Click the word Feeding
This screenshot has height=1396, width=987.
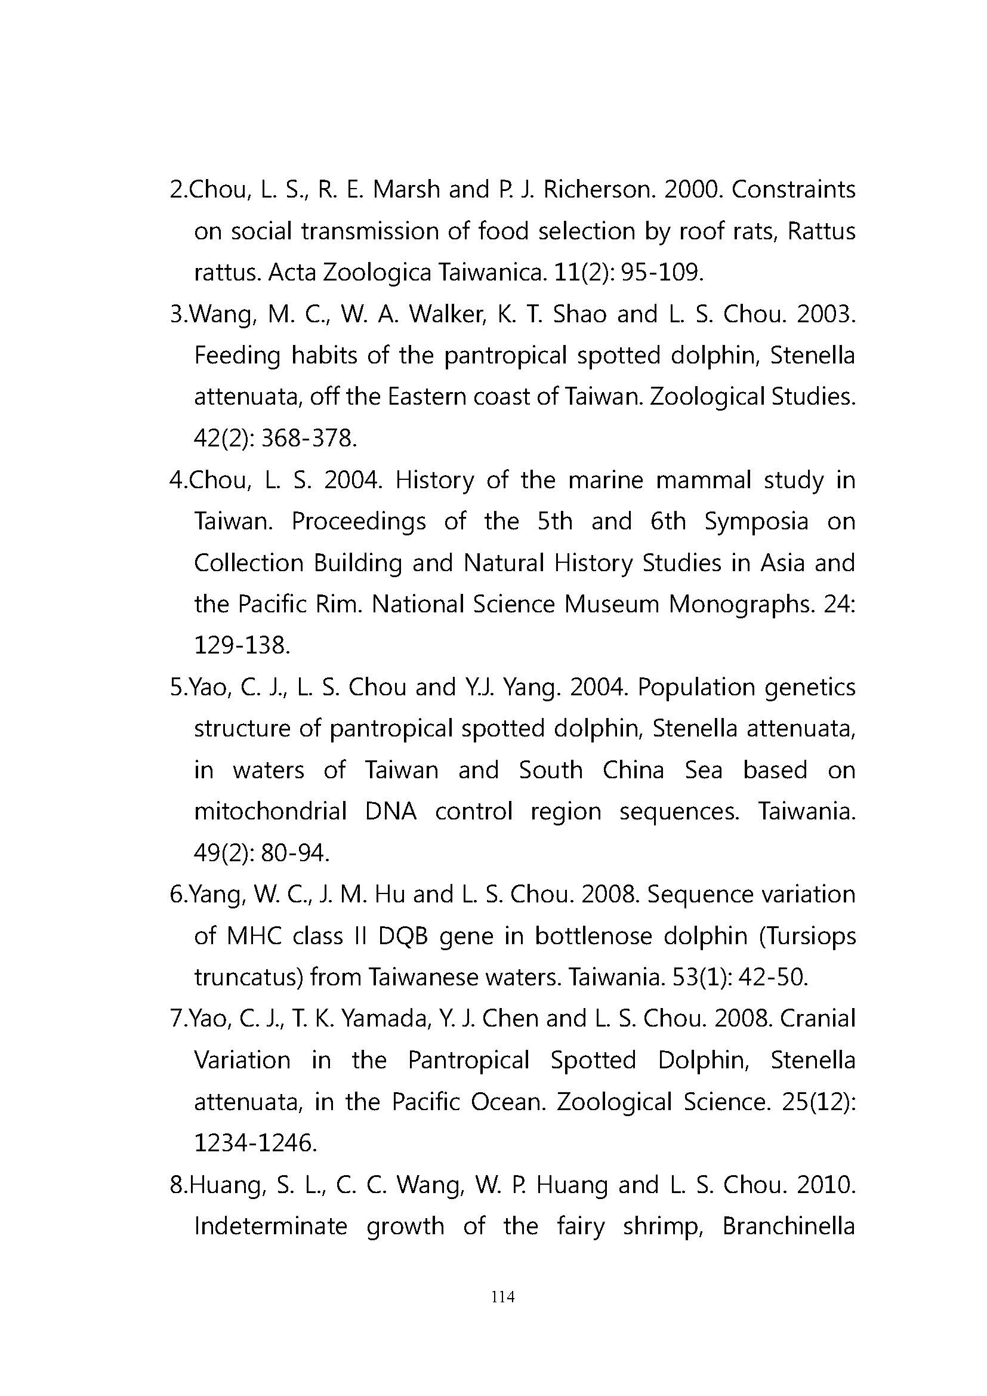coord(237,356)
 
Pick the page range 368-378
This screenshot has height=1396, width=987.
coord(309,439)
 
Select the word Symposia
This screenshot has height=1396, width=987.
coord(757,522)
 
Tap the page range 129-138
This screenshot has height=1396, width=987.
coord(242,646)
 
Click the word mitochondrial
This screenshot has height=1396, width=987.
coord(270,812)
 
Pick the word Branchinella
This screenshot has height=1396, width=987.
coord(789,1226)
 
